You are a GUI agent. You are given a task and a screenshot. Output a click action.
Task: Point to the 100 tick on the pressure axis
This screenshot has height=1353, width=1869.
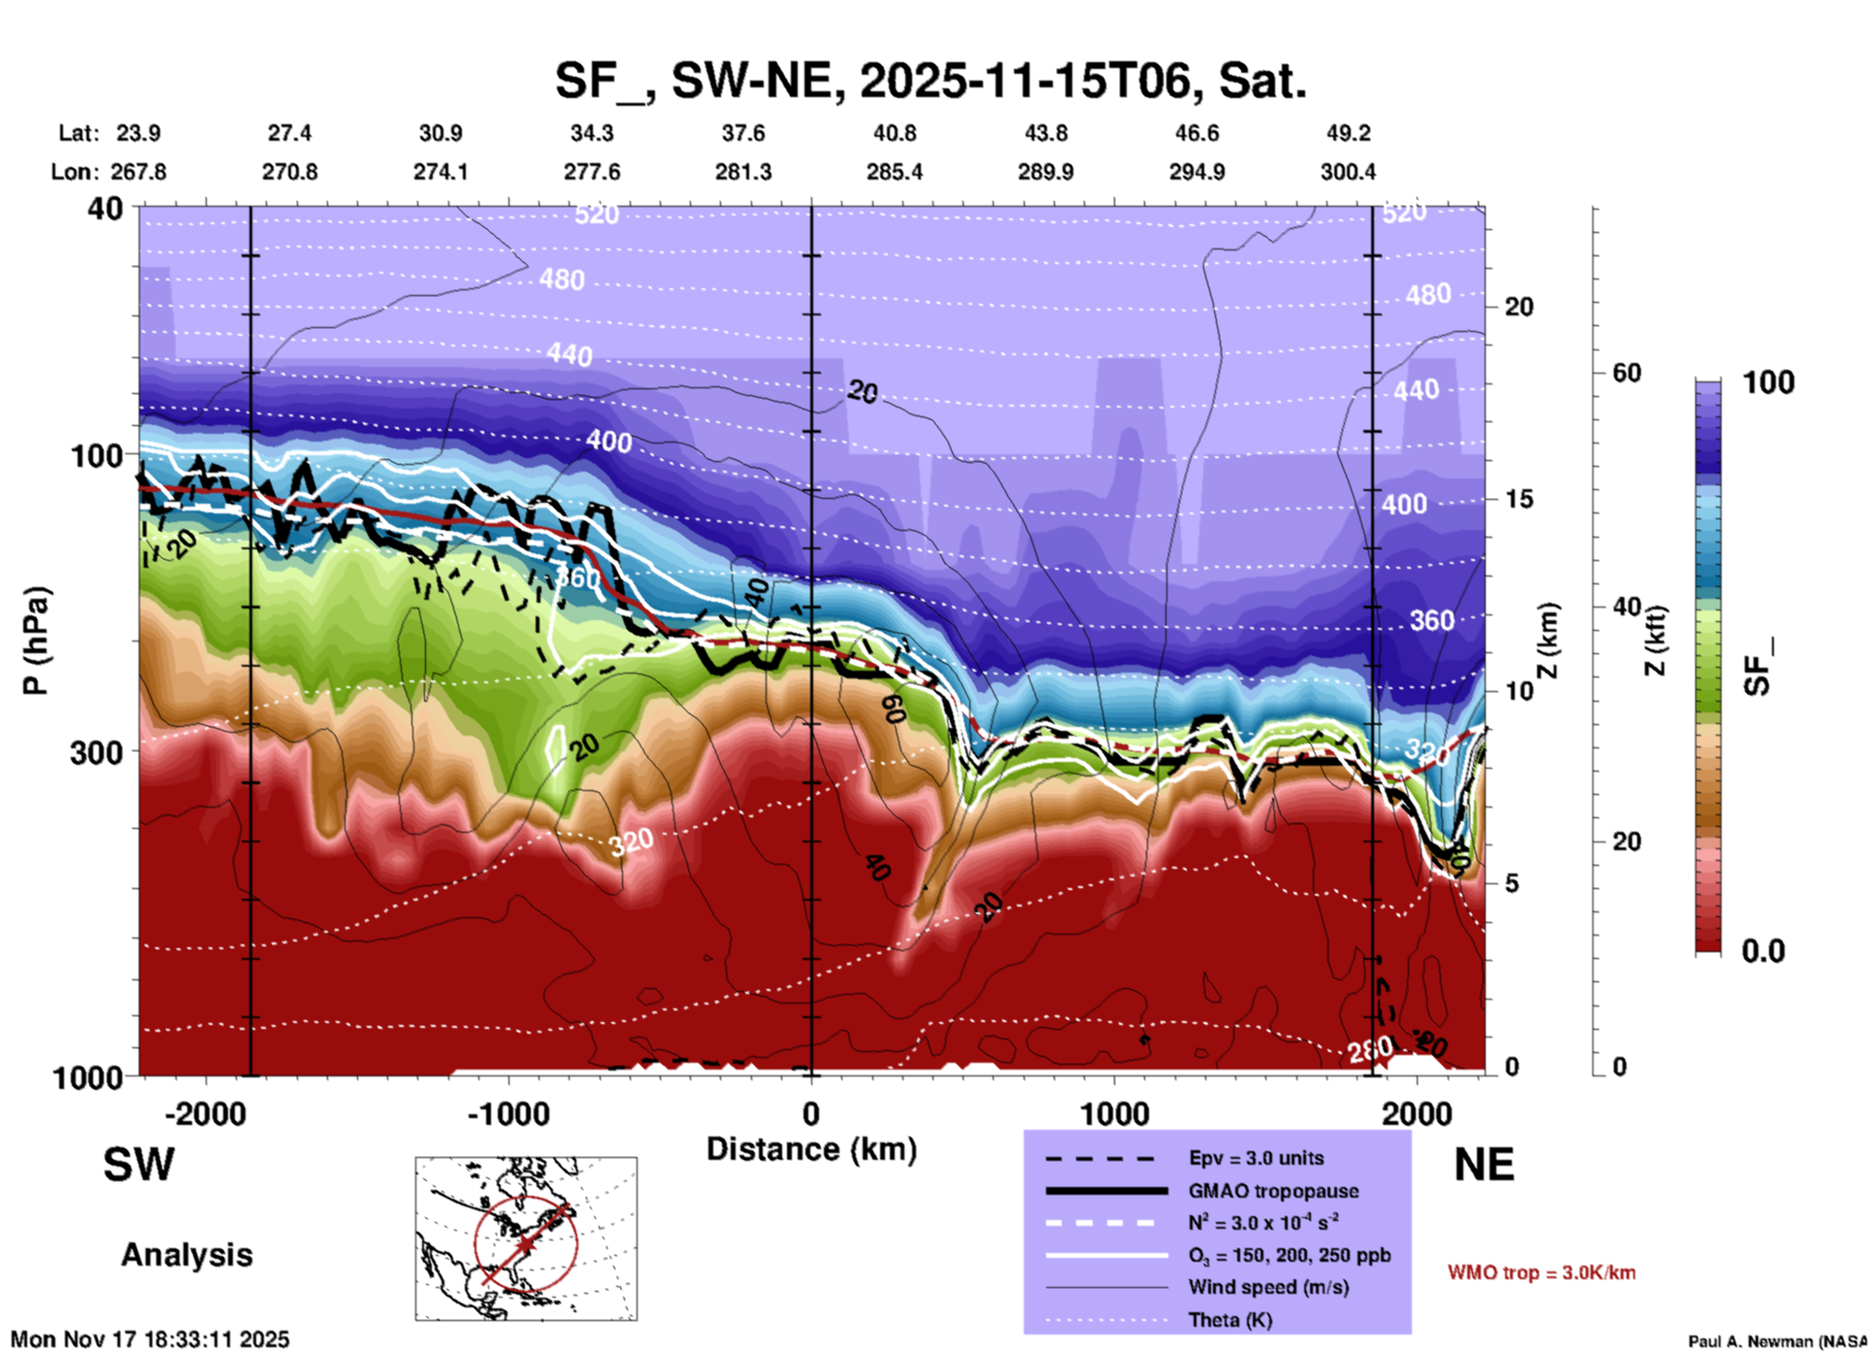(97, 454)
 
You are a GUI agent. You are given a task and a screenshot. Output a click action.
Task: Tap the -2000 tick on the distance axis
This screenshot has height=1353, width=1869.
(205, 1113)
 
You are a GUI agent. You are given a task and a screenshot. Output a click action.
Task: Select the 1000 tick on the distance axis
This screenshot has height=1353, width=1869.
(1114, 1113)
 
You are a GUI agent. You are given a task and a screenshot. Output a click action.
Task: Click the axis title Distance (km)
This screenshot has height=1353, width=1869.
(811, 1149)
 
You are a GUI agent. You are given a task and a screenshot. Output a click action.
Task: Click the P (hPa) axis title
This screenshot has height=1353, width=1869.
(36, 641)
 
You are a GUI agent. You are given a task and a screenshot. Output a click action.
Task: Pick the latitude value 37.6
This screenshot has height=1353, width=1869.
(743, 133)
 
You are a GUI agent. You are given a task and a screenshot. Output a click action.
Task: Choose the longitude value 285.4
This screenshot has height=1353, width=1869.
(894, 172)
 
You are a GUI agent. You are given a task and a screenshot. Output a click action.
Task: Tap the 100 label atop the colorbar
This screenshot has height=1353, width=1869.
(1768, 382)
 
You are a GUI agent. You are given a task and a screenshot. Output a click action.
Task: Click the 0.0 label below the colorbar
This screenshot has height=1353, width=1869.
(1762, 950)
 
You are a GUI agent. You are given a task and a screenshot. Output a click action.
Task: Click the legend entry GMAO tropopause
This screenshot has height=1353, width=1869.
(1273, 1191)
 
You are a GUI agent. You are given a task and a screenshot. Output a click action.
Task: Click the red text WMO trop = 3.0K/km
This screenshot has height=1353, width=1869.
(1541, 1272)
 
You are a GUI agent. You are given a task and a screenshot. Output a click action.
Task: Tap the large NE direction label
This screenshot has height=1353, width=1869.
(1484, 1165)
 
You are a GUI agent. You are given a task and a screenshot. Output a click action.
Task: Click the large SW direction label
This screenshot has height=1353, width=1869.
(139, 1165)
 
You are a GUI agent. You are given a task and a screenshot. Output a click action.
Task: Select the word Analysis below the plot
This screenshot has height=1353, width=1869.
(186, 1255)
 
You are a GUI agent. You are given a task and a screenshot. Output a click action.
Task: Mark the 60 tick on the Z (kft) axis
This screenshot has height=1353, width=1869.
(1626, 373)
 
